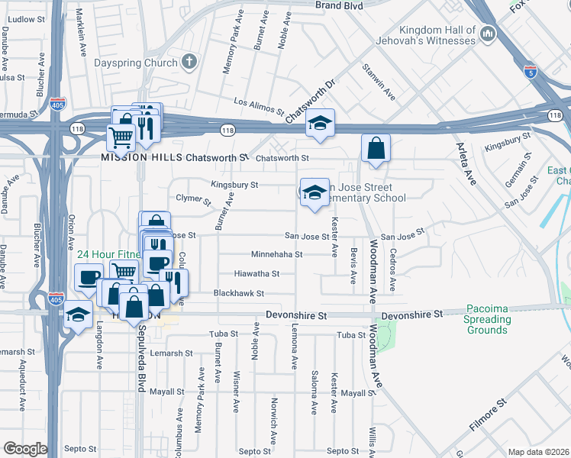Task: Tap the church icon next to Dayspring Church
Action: tap(189, 63)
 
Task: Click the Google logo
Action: tap(24, 449)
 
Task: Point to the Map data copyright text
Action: tap(538, 452)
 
